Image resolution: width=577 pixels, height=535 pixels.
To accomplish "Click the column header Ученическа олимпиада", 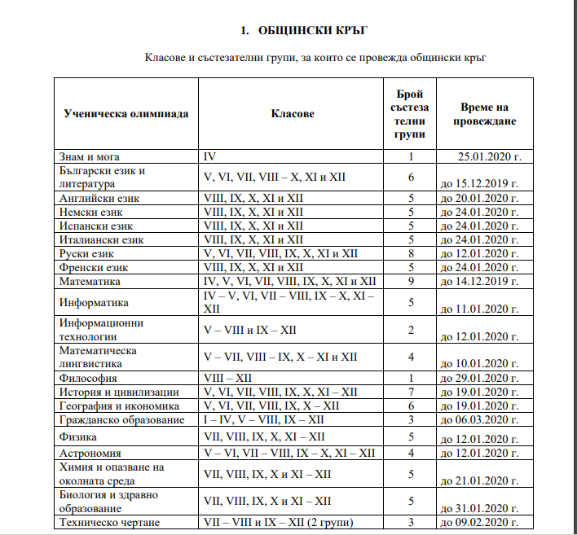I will (x=126, y=114).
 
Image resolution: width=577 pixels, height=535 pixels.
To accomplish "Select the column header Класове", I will (x=293, y=114).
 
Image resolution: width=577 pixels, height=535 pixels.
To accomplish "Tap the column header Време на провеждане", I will (x=484, y=114).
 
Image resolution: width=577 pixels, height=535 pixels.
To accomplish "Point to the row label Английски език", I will (x=99, y=198).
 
